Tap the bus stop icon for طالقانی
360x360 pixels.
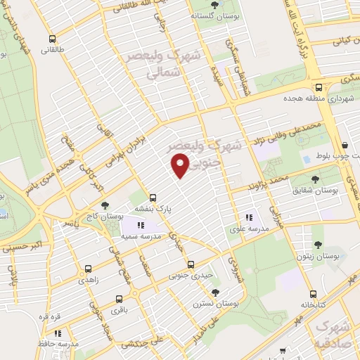(x=51, y=39)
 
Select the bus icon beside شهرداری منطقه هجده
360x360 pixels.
(x=319, y=88)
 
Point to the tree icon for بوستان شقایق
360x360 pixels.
(x=334, y=180)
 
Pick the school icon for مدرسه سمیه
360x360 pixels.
(x=140, y=225)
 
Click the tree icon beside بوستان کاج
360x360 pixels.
(x=105, y=205)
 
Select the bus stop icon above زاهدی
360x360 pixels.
(x=88, y=268)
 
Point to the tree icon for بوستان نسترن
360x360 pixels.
(x=215, y=292)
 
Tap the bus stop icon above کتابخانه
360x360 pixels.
(x=312, y=295)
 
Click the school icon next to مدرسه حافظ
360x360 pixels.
(x=58, y=333)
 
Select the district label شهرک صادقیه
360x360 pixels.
(x=333, y=337)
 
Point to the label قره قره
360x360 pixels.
(x=49, y=316)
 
